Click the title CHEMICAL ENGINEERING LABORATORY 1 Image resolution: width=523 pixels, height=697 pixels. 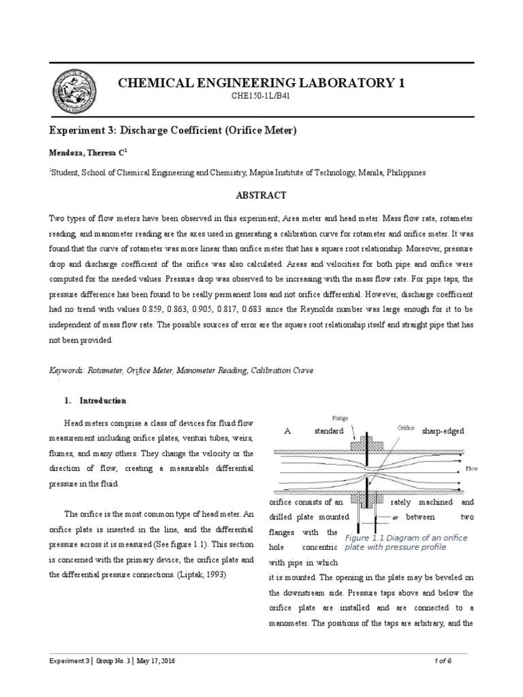click(261, 83)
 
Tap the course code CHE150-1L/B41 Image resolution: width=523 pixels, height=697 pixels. click(261, 97)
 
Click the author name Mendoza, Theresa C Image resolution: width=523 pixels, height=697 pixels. click(84, 153)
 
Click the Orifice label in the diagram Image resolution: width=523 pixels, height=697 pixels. click(406, 428)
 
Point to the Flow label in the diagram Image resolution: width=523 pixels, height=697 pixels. click(472, 469)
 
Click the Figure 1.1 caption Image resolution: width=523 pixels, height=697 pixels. click(406, 542)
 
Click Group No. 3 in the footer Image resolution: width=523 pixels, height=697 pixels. click(112, 661)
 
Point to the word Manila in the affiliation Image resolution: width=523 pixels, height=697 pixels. click(365, 173)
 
